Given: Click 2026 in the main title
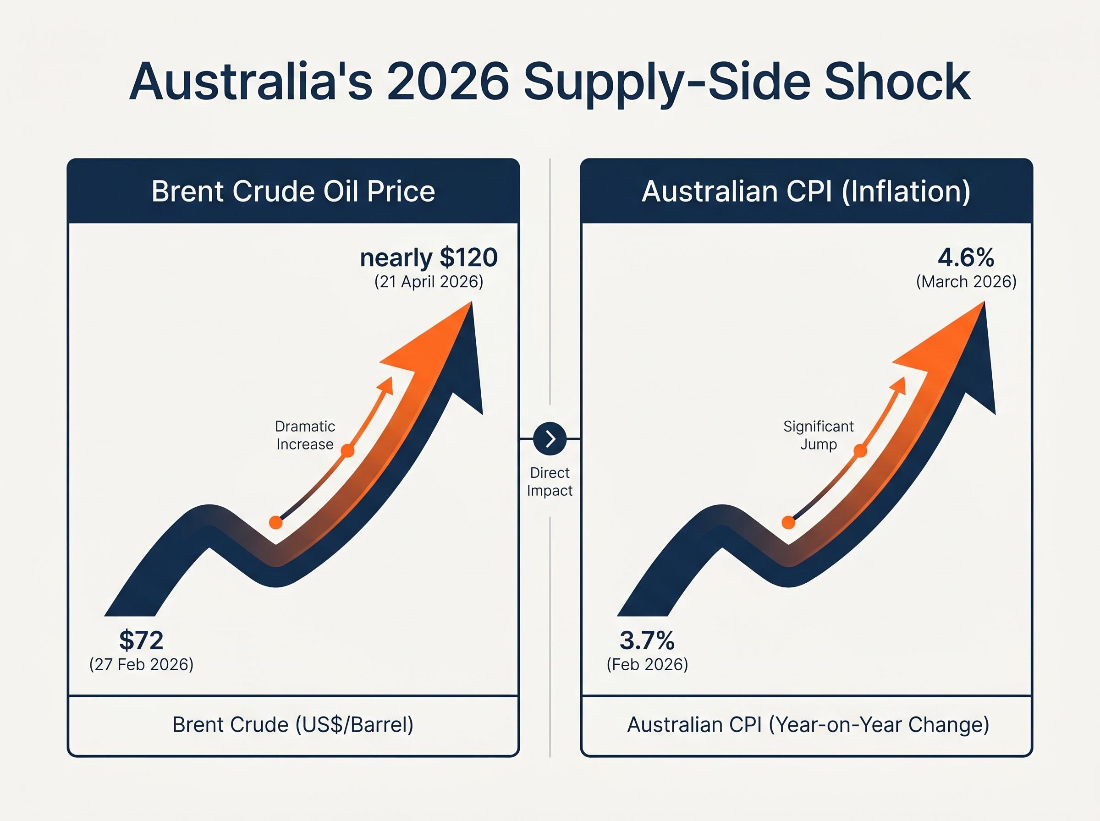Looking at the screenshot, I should tap(448, 82).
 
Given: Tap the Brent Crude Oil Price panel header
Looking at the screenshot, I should tap(293, 192).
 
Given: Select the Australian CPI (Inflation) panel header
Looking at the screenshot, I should tap(806, 192).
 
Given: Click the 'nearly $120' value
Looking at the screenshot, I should tap(429, 257).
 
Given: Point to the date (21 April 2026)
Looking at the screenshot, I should tap(429, 282).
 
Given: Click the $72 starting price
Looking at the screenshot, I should tap(141, 640).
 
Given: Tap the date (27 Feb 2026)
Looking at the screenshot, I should tap(141, 664).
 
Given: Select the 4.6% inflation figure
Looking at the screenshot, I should tap(966, 257).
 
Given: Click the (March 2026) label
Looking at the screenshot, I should tap(966, 282).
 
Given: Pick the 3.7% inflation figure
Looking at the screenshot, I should tap(647, 640).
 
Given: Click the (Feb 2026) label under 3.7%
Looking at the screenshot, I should tap(647, 664).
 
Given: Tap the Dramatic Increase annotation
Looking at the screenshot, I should tap(305, 435).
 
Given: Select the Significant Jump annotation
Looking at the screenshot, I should tap(818, 435).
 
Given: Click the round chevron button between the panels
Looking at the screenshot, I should tap(550, 439).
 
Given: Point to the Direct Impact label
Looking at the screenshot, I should tap(550, 482).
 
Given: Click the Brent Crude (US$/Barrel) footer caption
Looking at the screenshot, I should tap(293, 725).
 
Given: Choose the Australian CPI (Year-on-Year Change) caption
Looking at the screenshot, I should tap(808, 725).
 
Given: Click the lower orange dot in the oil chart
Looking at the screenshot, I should tap(276, 522).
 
